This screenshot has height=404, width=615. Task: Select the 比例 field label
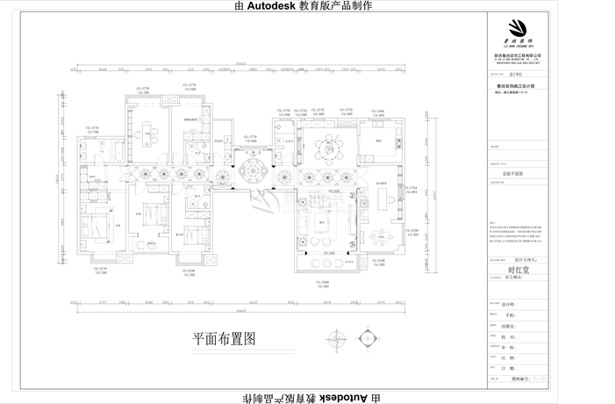[x=506, y=357]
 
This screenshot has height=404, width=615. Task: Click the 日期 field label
[x=506, y=369]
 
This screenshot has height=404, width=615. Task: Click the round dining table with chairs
[x=313, y=150]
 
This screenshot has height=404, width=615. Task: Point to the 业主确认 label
[x=506, y=282]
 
